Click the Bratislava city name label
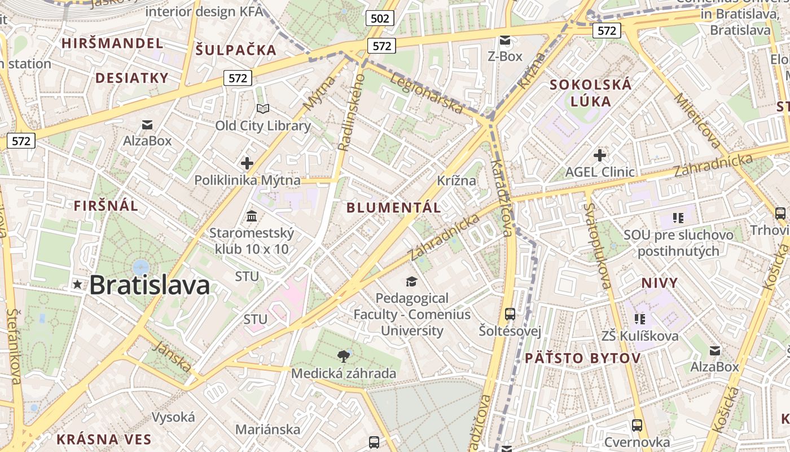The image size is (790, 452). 150,285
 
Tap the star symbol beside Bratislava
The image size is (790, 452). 77,285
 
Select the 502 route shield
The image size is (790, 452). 380,19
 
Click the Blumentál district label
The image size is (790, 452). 393,207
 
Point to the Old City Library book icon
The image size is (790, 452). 263,108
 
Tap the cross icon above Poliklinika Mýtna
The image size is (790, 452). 247,164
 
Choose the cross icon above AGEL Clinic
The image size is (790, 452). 600,155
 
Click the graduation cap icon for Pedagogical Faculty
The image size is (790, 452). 412,281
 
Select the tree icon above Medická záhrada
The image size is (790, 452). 343,356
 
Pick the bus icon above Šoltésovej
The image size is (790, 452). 510,314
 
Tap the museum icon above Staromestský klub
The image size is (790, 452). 252,216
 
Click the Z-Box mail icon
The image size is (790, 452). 505,40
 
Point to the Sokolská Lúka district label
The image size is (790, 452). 590,93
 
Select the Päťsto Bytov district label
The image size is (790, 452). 582,358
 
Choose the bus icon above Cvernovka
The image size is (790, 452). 637,425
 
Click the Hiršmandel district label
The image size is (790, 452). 112,44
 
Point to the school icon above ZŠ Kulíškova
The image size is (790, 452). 639,319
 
